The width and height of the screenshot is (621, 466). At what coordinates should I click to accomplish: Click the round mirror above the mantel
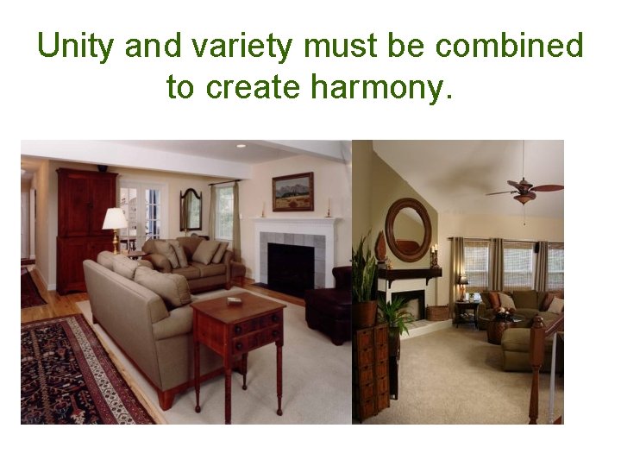pos(408,229)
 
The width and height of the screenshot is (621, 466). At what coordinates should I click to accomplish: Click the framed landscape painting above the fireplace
pos(293,192)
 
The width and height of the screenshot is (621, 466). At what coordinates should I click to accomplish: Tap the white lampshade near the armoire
pos(115,218)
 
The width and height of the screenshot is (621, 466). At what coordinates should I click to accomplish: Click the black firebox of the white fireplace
pos(290,268)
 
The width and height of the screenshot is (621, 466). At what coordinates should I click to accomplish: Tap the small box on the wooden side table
pos(234,301)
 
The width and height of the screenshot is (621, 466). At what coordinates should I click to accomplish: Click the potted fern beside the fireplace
pos(396,315)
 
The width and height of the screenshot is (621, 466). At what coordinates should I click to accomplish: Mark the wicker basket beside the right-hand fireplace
pos(438,312)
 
